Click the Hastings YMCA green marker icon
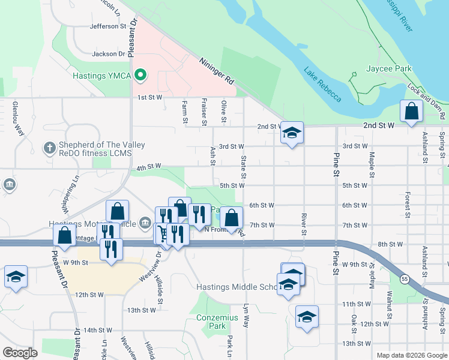[x=140, y=76]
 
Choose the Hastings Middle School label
[x=238, y=287]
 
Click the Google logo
[x=20, y=352]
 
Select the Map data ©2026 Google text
[x=411, y=355]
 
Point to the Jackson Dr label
[x=108, y=54]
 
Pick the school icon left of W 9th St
[x=16, y=277]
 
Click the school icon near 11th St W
[x=307, y=316]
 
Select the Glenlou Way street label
[x=17, y=119]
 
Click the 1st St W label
[x=150, y=97]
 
